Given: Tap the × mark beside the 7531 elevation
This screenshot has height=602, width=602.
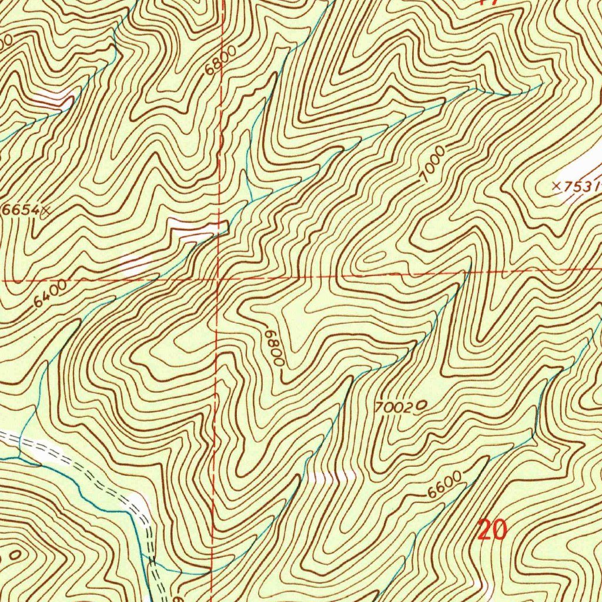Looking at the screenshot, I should (x=556, y=185).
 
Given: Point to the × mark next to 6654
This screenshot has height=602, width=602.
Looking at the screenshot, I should (x=45, y=209).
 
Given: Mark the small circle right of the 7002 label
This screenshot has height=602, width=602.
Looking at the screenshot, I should (x=421, y=404).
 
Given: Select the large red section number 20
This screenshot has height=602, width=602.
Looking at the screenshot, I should (x=491, y=530).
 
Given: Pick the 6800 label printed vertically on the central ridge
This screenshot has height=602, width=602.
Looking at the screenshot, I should (x=275, y=347).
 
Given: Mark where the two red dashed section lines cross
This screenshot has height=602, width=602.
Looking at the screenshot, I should (x=218, y=278).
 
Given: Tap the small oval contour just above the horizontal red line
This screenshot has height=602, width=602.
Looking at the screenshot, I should (x=376, y=257).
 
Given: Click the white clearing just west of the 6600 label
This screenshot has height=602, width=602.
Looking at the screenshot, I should (x=332, y=477).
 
